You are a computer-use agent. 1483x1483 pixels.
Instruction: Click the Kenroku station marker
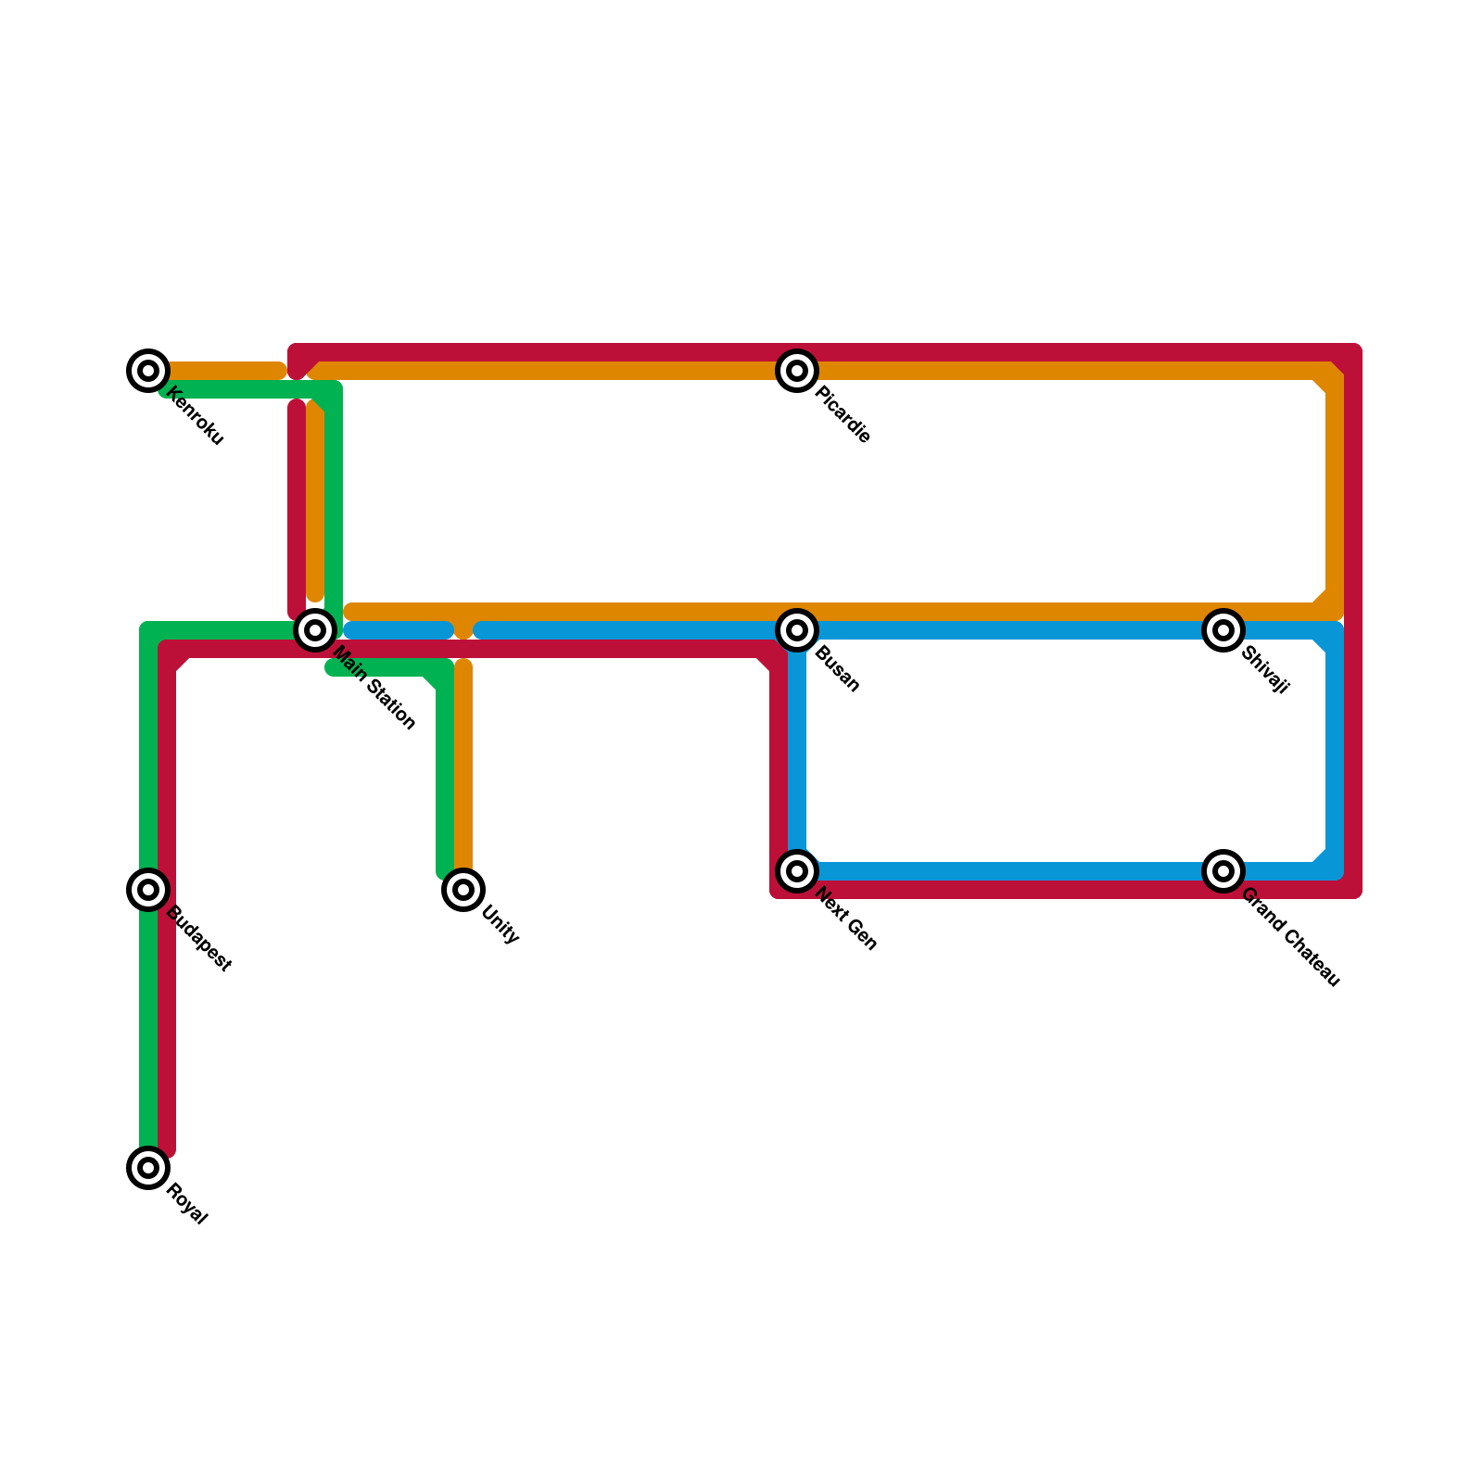click(x=148, y=371)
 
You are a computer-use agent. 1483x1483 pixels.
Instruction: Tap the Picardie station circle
click(x=797, y=371)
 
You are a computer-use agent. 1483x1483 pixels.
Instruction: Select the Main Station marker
click(x=315, y=630)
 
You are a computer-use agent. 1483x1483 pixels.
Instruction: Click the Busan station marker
click(x=797, y=630)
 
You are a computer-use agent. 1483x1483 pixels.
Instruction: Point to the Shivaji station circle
click(x=1223, y=630)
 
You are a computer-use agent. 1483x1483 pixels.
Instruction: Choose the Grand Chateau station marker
click(x=1223, y=871)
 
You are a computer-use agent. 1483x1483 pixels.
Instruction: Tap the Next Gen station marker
click(x=797, y=871)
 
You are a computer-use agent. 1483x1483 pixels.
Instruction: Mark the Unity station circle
click(x=463, y=890)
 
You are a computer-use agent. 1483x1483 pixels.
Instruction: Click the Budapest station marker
click(x=148, y=890)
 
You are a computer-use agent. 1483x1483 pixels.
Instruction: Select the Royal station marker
click(x=148, y=1168)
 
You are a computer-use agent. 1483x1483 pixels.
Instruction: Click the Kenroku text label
click(x=196, y=417)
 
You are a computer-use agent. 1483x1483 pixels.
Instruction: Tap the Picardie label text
click(x=843, y=416)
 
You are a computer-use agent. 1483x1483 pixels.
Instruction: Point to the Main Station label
click(x=374, y=689)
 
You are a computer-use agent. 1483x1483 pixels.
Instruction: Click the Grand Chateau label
click(x=1290, y=937)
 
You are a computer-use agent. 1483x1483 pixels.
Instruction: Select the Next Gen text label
click(x=846, y=919)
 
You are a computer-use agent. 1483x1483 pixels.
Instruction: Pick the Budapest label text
click(x=198, y=939)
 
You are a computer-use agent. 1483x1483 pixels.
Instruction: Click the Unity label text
click(x=501, y=924)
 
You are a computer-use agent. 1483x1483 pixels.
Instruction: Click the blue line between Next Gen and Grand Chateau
click(x=1010, y=871)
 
